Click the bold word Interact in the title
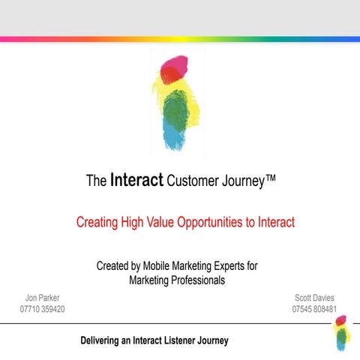coord(137,180)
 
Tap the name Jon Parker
coord(43,298)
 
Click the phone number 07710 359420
coord(43,309)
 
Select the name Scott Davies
coord(314,298)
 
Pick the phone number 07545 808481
coord(314,309)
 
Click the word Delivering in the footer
coord(103,340)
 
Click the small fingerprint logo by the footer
coord(340,333)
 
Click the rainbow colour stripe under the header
coord(180,38)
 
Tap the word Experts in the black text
coord(241,266)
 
